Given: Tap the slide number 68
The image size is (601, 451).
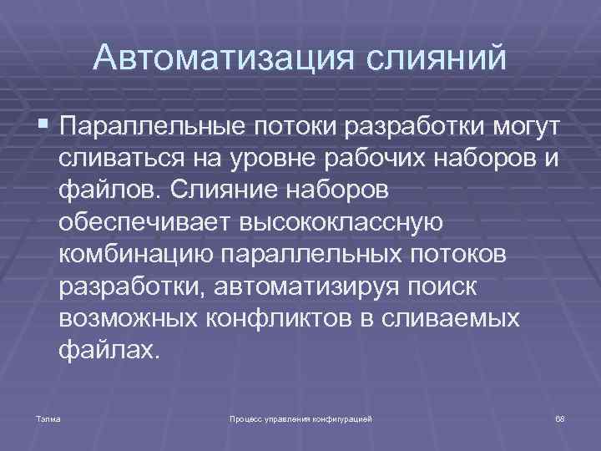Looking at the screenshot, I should point(560,415).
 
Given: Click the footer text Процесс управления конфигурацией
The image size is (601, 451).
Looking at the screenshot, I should point(300,415).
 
